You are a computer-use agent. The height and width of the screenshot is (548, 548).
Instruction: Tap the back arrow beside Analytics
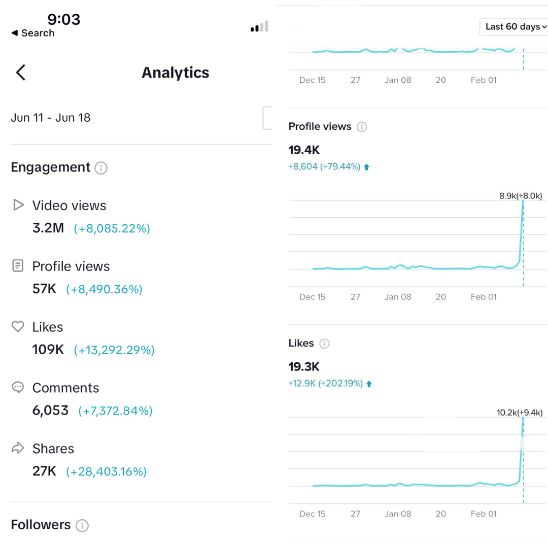coord(20,73)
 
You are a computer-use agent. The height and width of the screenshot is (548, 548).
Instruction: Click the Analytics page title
coord(175,73)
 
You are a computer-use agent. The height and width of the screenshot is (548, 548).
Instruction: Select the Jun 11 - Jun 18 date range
coord(51,118)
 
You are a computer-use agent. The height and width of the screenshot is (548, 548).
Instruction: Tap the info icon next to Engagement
coord(101,168)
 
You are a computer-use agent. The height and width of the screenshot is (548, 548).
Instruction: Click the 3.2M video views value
coord(48,228)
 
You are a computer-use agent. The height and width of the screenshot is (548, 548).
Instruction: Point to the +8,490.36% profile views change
coord(104,289)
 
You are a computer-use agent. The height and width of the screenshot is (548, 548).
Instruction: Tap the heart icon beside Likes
coord(18,327)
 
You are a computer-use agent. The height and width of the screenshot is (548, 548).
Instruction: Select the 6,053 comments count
coord(50,410)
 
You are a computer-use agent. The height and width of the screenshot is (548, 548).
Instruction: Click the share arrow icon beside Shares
coord(18,448)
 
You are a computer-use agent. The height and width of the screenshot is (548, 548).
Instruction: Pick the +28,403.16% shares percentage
coord(106,472)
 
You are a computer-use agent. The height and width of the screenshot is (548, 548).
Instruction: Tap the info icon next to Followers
coord(82,525)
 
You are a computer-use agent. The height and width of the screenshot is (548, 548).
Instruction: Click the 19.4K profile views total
coord(304,150)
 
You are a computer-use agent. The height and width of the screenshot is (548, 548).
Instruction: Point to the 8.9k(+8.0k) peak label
coord(521,196)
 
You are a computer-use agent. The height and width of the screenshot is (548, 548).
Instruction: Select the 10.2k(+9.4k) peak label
coord(520,413)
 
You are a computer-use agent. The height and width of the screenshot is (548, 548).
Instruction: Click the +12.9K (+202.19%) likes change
coord(325,384)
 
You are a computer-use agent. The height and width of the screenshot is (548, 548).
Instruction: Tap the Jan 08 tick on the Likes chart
coord(398,513)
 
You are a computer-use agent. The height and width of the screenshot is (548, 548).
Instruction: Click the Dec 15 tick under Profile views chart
coord(312,297)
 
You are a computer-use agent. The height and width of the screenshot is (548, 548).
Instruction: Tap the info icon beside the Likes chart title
coord(324,344)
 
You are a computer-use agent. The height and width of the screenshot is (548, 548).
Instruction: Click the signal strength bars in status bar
coord(259,27)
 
